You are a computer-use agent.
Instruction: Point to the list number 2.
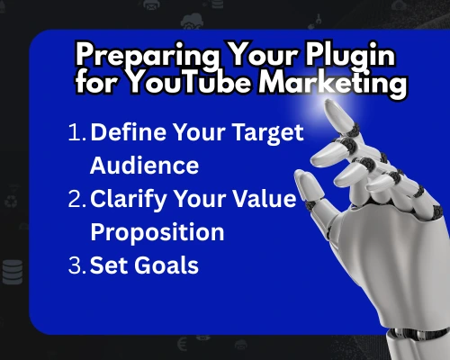(76, 200)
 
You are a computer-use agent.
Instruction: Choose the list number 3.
(76, 266)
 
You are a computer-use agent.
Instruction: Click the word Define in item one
(125, 133)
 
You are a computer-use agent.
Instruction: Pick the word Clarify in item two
(128, 200)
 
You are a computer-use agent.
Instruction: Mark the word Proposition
(157, 232)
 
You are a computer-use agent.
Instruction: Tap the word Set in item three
(107, 266)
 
